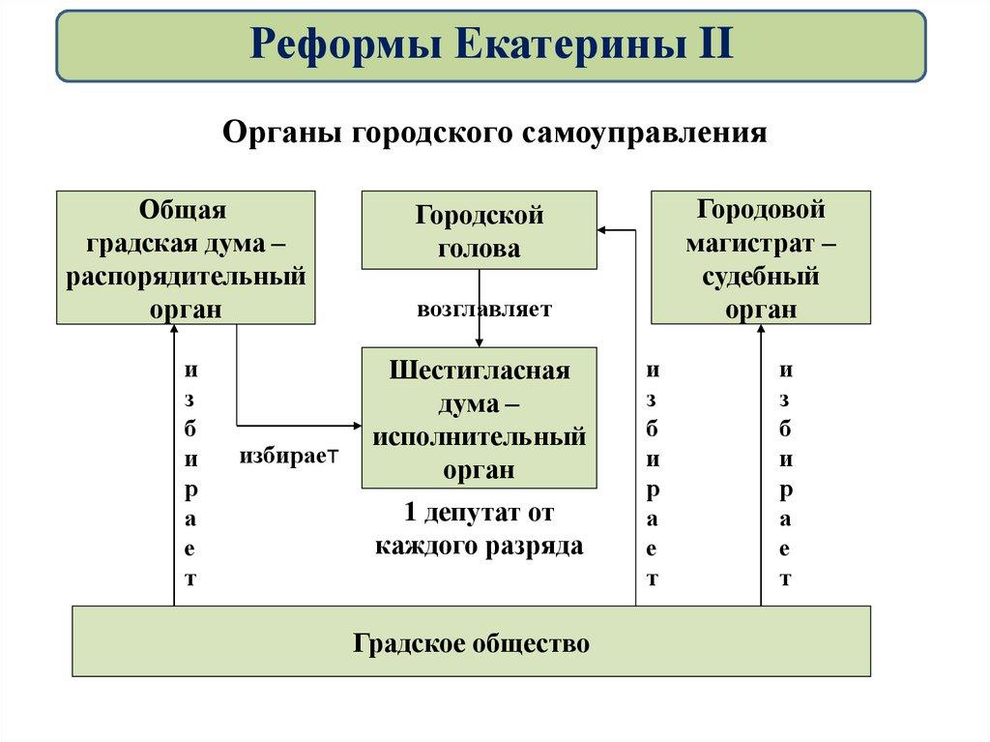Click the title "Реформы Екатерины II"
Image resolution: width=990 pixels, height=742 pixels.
[492, 45]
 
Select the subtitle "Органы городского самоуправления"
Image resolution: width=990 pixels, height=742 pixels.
[495, 133]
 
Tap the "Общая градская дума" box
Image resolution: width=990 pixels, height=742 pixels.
[186, 256]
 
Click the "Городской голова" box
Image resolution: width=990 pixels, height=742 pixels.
[480, 230]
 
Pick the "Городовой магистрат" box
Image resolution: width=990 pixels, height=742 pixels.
[761, 256]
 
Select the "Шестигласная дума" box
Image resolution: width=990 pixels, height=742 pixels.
[480, 418]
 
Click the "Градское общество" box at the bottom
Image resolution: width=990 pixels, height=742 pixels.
[471, 641]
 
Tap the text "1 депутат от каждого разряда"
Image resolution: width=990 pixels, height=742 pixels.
[480, 529]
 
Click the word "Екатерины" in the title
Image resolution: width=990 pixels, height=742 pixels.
[560, 45]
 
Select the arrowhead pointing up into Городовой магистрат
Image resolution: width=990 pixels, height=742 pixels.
[761, 331]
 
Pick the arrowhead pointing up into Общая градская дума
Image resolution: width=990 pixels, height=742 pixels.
[174, 331]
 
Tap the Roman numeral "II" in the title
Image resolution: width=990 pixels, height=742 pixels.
[712, 45]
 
